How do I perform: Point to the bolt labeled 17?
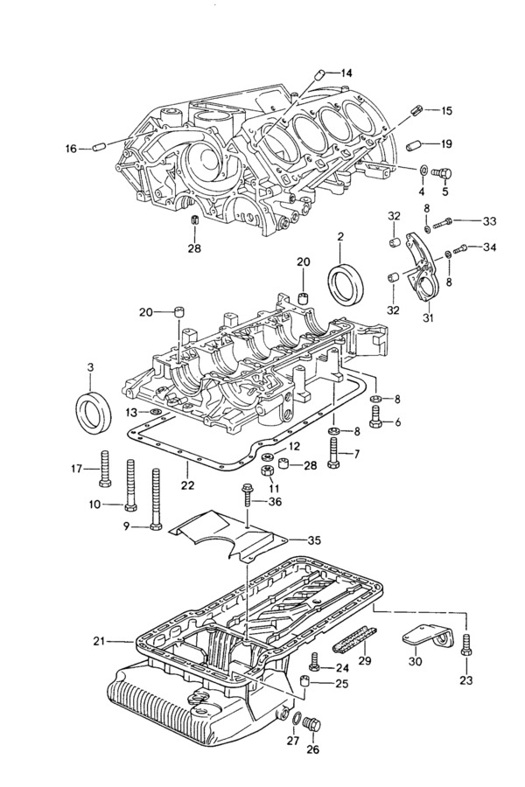105,469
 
